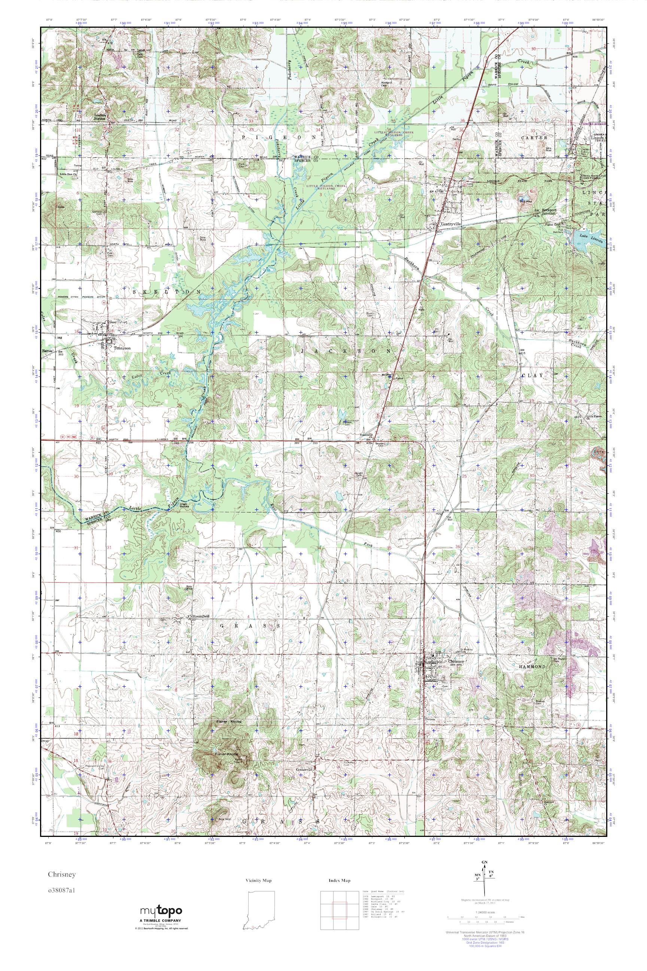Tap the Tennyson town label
[x=122, y=348]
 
